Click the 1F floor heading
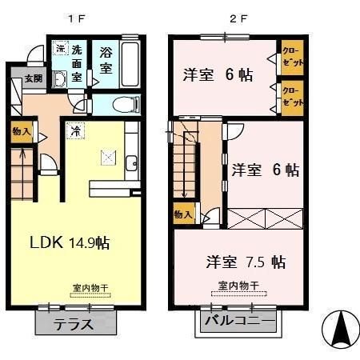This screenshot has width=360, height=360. [76, 18]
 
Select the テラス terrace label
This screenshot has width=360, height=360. [74, 325]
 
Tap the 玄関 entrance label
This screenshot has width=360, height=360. [33, 78]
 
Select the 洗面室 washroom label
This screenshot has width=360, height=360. [77, 62]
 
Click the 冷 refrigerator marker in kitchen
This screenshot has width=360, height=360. [73, 130]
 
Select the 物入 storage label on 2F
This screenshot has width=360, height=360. [182, 214]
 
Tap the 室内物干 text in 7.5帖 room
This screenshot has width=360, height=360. [238, 286]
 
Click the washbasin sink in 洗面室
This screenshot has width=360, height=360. [61, 78]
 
